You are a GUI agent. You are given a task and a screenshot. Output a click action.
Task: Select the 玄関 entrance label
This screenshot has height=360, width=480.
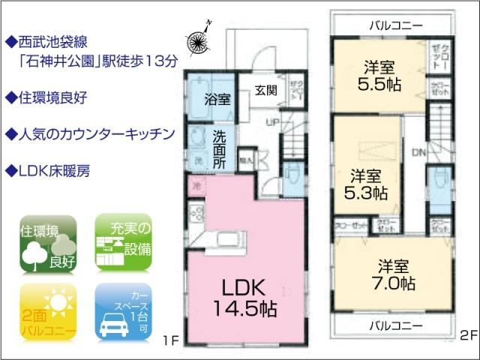pyautogui.click(x=265, y=91)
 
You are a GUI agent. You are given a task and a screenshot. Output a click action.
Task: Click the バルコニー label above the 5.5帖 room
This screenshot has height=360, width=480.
pyautogui.click(x=395, y=25)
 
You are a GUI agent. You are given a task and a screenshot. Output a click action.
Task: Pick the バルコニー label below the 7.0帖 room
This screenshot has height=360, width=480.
pyautogui.click(x=395, y=325)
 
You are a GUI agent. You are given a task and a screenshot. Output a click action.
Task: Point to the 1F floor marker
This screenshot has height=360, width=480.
pyautogui.click(x=171, y=340)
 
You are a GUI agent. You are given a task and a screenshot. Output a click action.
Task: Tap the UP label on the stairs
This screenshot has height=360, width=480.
pyautogui.click(x=274, y=120)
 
